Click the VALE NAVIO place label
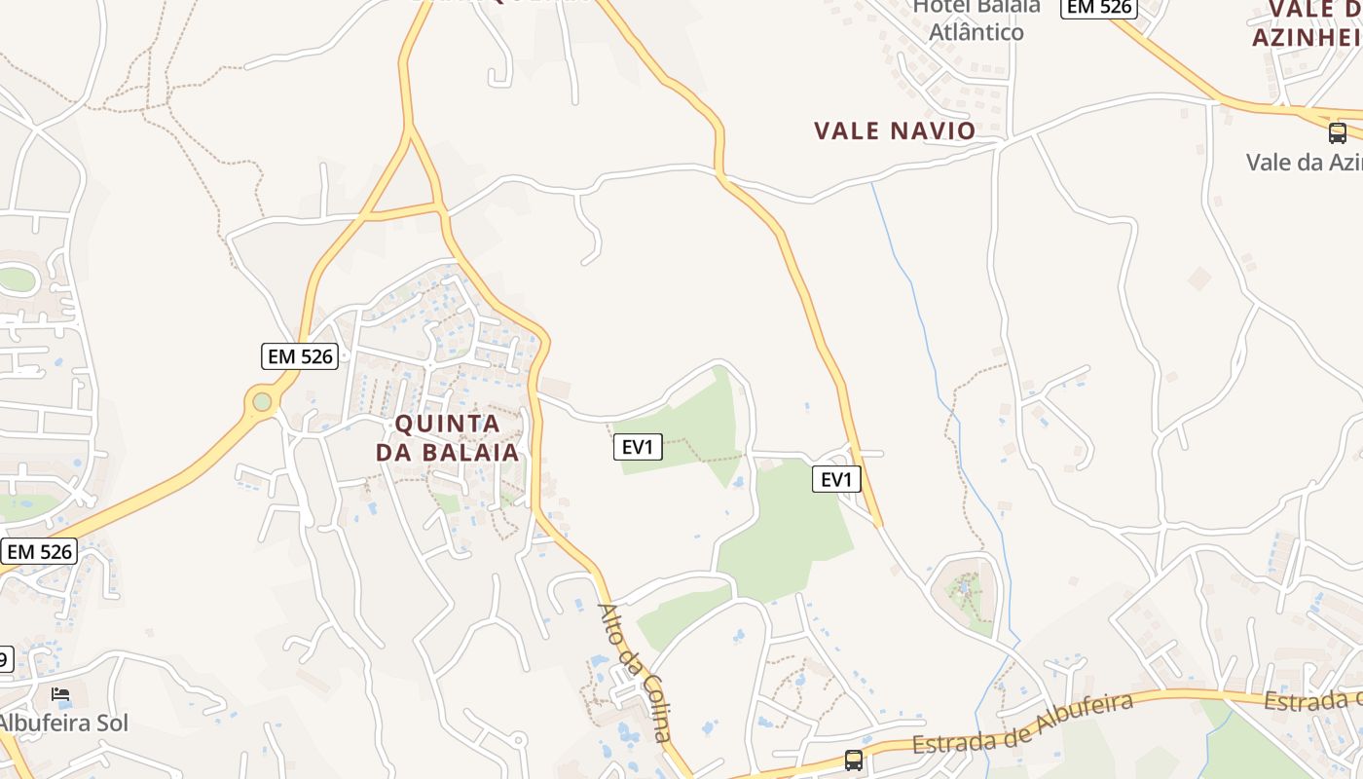(895, 130)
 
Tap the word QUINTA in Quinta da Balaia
(447, 425)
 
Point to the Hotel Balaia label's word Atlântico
(976, 32)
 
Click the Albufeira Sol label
(63, 723)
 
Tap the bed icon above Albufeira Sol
(60, 694)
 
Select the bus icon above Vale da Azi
(1338, 132)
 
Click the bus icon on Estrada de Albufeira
(854, 760)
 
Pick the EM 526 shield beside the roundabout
(301, 356)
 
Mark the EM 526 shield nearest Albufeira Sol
(39, 552)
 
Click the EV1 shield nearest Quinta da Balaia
(638, 447)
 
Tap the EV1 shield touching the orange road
(836, 479)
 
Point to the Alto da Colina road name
(635, 673)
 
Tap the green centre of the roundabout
(262, 401)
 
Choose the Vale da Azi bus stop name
(1304, 162)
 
